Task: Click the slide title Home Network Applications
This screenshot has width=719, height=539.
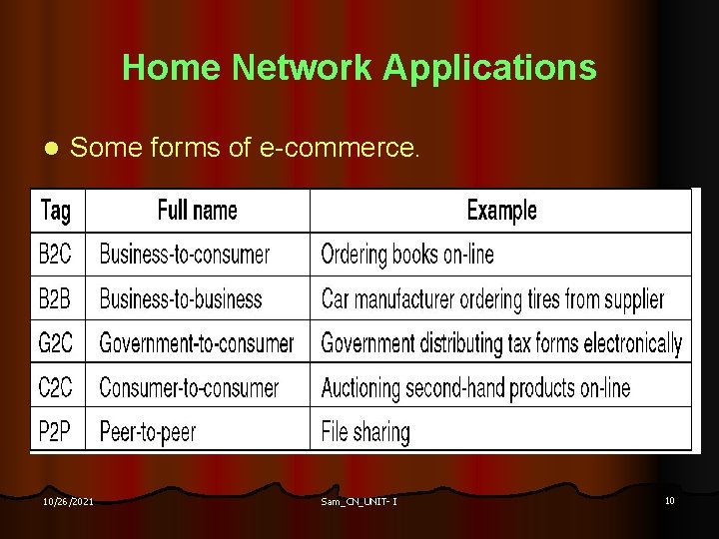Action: pos(359,68)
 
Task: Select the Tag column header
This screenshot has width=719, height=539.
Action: pos(55,211)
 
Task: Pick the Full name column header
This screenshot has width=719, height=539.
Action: pos(198,211)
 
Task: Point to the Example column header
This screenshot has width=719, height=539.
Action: pos(501,211)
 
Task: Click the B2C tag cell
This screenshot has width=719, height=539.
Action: pos(55,255)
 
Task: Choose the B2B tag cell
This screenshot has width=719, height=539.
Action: pos(55,298)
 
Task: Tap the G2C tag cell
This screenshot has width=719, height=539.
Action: pos(55,343)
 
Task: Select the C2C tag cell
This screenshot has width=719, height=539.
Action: pos(55,387)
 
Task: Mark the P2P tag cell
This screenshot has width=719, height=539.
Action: pos(55,431)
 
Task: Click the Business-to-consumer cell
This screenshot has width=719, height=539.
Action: pos(185,255)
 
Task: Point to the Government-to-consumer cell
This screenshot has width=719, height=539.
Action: pos(197,343)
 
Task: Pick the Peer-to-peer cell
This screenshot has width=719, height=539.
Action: pos(148,431)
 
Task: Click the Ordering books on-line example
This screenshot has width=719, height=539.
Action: pos(407,255)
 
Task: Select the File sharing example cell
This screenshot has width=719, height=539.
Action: pos(365,431)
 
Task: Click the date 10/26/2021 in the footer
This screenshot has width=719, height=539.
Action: pos(68,500)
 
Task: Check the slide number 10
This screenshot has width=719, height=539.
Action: pos(670,499)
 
